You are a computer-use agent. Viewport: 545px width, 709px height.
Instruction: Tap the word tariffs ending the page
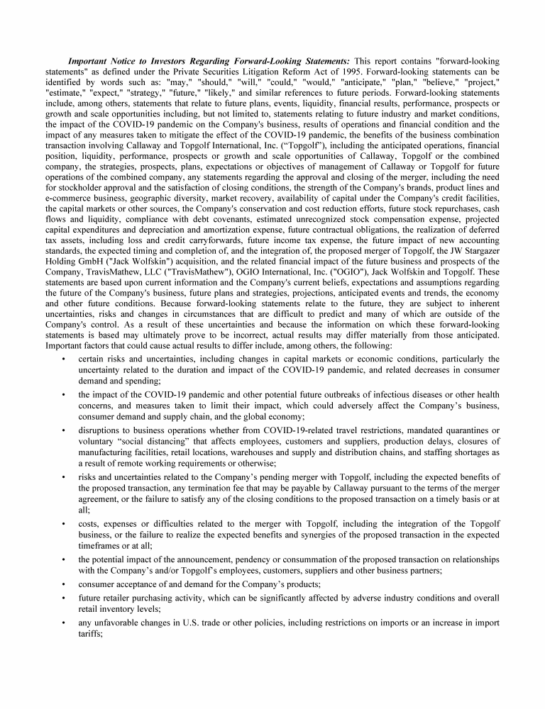[x=90, y=634]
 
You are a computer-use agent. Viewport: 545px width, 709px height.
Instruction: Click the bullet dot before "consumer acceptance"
[x=64, y=584]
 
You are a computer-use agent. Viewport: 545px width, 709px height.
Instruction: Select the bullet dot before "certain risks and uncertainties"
[x=64, y=359]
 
